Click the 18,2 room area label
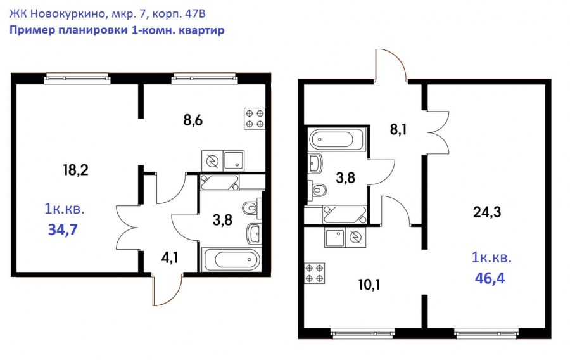click(75, 170)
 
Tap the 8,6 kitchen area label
click(193, 120)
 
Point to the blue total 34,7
click(63, 230)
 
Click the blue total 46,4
click(490, 278)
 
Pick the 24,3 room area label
click(487, 212)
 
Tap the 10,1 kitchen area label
click(369, 285)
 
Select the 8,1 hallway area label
click(398, 129)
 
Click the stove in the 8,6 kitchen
click(255, 119)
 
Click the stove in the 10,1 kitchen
click(314, 273)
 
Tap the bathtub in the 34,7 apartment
click(232, 260)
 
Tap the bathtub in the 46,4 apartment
click(336, 139)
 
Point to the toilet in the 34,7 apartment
click(251, 209)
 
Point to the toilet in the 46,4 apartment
click(318, 190)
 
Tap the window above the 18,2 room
click(77, 78)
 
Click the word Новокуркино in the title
click(68, 14)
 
